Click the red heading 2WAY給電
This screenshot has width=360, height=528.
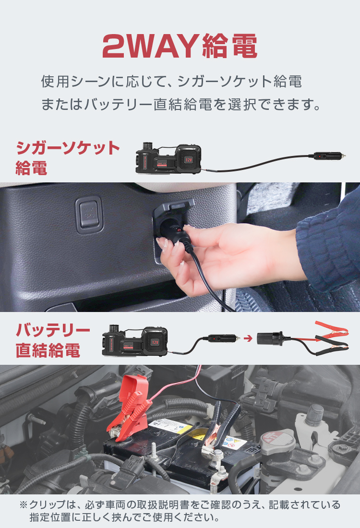point(180,46)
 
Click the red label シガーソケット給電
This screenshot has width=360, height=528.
point(68,157)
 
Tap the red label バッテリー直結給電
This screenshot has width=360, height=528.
point(53,340)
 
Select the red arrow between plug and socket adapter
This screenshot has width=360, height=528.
point(248,338)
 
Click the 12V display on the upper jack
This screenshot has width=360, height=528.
point(188,160)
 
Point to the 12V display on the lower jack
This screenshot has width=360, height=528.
point(155,342)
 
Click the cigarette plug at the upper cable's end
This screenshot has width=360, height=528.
point(329,156)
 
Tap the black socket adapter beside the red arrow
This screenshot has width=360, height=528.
point(270,338)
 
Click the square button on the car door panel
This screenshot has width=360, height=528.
point(89,215)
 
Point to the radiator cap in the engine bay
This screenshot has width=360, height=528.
point(277,442)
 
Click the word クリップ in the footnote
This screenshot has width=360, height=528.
point(48,505)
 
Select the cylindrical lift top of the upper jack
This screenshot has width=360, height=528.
point(148,146)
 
